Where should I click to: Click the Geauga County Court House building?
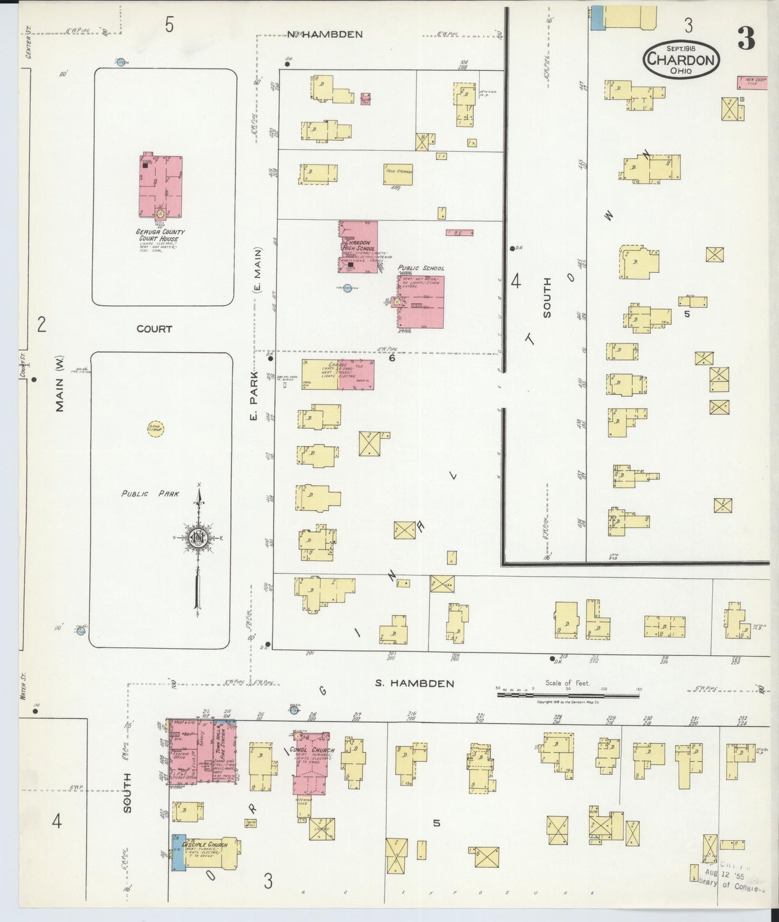161,186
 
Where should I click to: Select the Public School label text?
421,268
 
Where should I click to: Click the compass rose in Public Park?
198,538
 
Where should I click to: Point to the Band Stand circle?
156,429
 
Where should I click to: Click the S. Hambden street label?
415,683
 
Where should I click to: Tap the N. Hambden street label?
325,35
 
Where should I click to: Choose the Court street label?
154,329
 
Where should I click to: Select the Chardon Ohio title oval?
681,59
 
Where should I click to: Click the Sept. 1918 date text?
681,48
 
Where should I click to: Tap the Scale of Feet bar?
568,696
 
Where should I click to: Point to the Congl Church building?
311,763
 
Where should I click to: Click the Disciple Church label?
205,844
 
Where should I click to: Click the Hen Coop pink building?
752,82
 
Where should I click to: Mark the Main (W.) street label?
59,384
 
